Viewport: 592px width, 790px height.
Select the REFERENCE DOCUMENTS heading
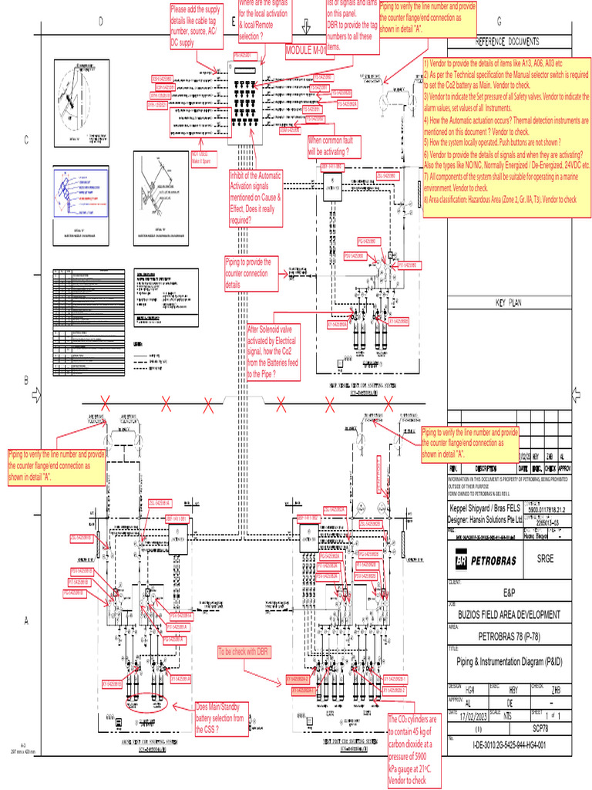(506, 41)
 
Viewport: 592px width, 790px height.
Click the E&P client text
(510, 594)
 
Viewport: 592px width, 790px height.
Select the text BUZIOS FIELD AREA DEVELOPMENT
(510, 614)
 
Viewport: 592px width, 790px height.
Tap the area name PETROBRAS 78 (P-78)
(510, 637)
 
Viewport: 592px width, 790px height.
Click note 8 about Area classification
(499, 200)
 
